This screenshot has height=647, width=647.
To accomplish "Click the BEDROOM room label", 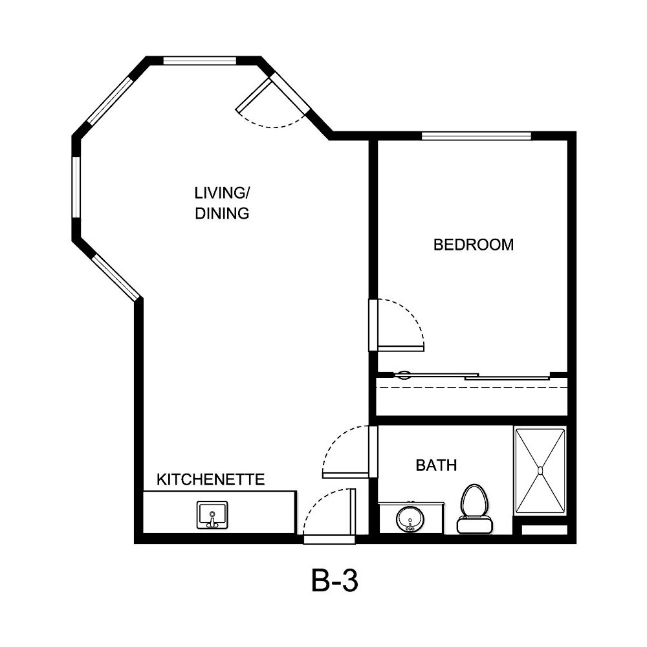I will (473, 245).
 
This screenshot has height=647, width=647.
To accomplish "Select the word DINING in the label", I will (222, 213).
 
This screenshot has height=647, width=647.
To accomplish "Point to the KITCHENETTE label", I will (211, 479).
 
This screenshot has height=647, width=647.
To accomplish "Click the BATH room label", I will (436, 465).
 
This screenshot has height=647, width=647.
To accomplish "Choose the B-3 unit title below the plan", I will (334, 581).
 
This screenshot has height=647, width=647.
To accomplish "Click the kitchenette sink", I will (212, 515).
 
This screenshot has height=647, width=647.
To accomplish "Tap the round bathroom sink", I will (410, 518).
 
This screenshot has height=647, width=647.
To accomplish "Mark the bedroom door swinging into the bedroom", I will (400, 348).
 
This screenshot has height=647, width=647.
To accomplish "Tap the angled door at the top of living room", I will (253, 96).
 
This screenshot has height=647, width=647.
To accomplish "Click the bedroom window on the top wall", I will (476, 136).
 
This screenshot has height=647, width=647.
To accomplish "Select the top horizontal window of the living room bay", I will (199, 61).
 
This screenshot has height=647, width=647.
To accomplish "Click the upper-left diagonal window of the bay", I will (110, 100).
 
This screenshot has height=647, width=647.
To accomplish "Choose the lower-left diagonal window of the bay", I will (115, 278).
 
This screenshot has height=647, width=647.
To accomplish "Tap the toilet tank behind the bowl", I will (474, 525).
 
